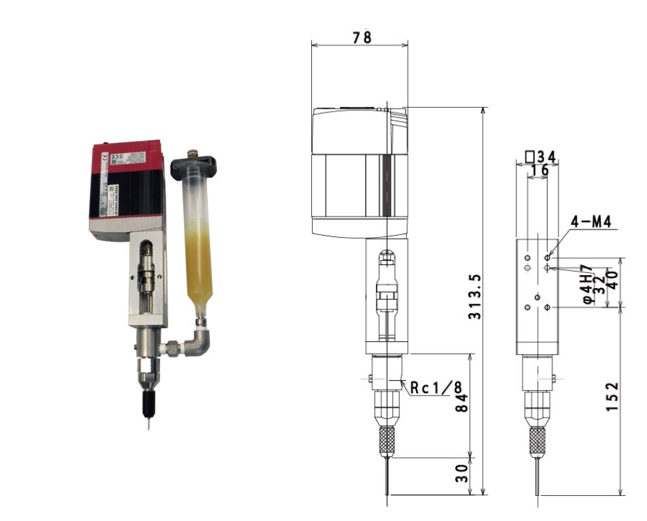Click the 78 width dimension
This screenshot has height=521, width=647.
(362, 37)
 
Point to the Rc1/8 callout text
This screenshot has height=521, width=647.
(434, 388)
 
